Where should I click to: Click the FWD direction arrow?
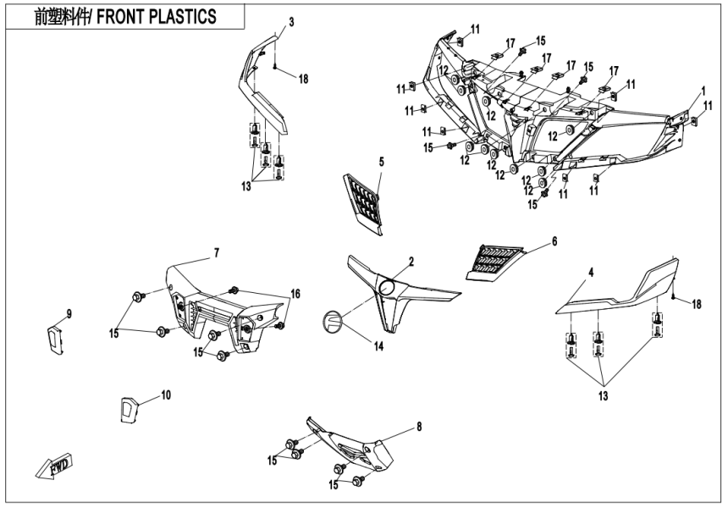pos(53,465)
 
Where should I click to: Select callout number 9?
pos(69,313)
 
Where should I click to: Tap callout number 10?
pos(166,395)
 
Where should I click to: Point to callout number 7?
pos(216,252)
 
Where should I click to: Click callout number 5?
pos(381,161)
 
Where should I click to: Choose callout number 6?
pos(554,241)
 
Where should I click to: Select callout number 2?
pos(411,262)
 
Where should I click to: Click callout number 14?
pos(378,345)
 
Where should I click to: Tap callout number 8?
pos(419,428)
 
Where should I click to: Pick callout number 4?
pos(591,273)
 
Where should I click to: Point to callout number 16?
pos(295,293)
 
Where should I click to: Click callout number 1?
pos(702,91)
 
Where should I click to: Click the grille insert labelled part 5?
pos(365,202)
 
